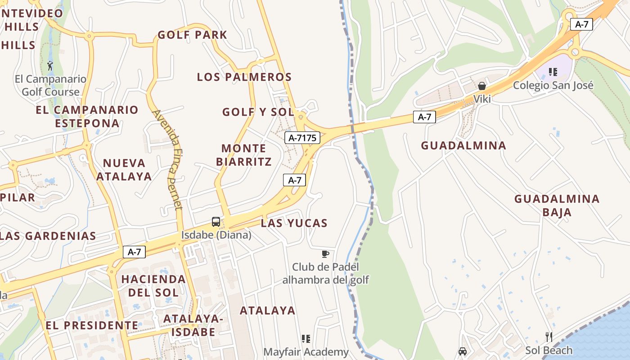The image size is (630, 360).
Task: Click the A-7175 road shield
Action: click(x=302, y=138)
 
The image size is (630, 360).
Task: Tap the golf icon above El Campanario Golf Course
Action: click(x=50, y=66)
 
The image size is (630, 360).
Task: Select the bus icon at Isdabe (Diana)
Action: click(x=216, y=221)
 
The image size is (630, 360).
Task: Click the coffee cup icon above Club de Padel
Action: click(x=325, y=254)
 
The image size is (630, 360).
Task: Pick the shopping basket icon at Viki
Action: click(x=482, y=85)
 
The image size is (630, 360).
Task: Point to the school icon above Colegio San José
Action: click(x=553, y=72)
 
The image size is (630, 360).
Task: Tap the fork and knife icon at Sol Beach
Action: click(x=549, y=337)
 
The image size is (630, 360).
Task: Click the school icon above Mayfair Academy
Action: click(x=306, y=338)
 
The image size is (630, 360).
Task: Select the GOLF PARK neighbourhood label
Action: click(x=192, y=35)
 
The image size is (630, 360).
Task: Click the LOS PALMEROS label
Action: click(x=244, y=77)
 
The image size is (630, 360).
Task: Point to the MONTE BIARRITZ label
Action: click(x=244, y=155)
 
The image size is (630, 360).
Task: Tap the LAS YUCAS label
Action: click(x=294, y=223)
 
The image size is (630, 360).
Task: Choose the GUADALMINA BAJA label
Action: click(x=557, y=205)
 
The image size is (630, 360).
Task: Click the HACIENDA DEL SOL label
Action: click(x=153, y=286)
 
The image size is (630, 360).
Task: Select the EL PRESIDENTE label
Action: click(x=92, y=325)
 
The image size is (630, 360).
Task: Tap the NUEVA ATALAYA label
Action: click(x=124, y=170)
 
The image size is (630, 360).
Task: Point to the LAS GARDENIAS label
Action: click(x=48, y=236)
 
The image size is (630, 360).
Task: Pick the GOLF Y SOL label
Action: click(x=258, y=112)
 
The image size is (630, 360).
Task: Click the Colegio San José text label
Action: click(x=553, y=85)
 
